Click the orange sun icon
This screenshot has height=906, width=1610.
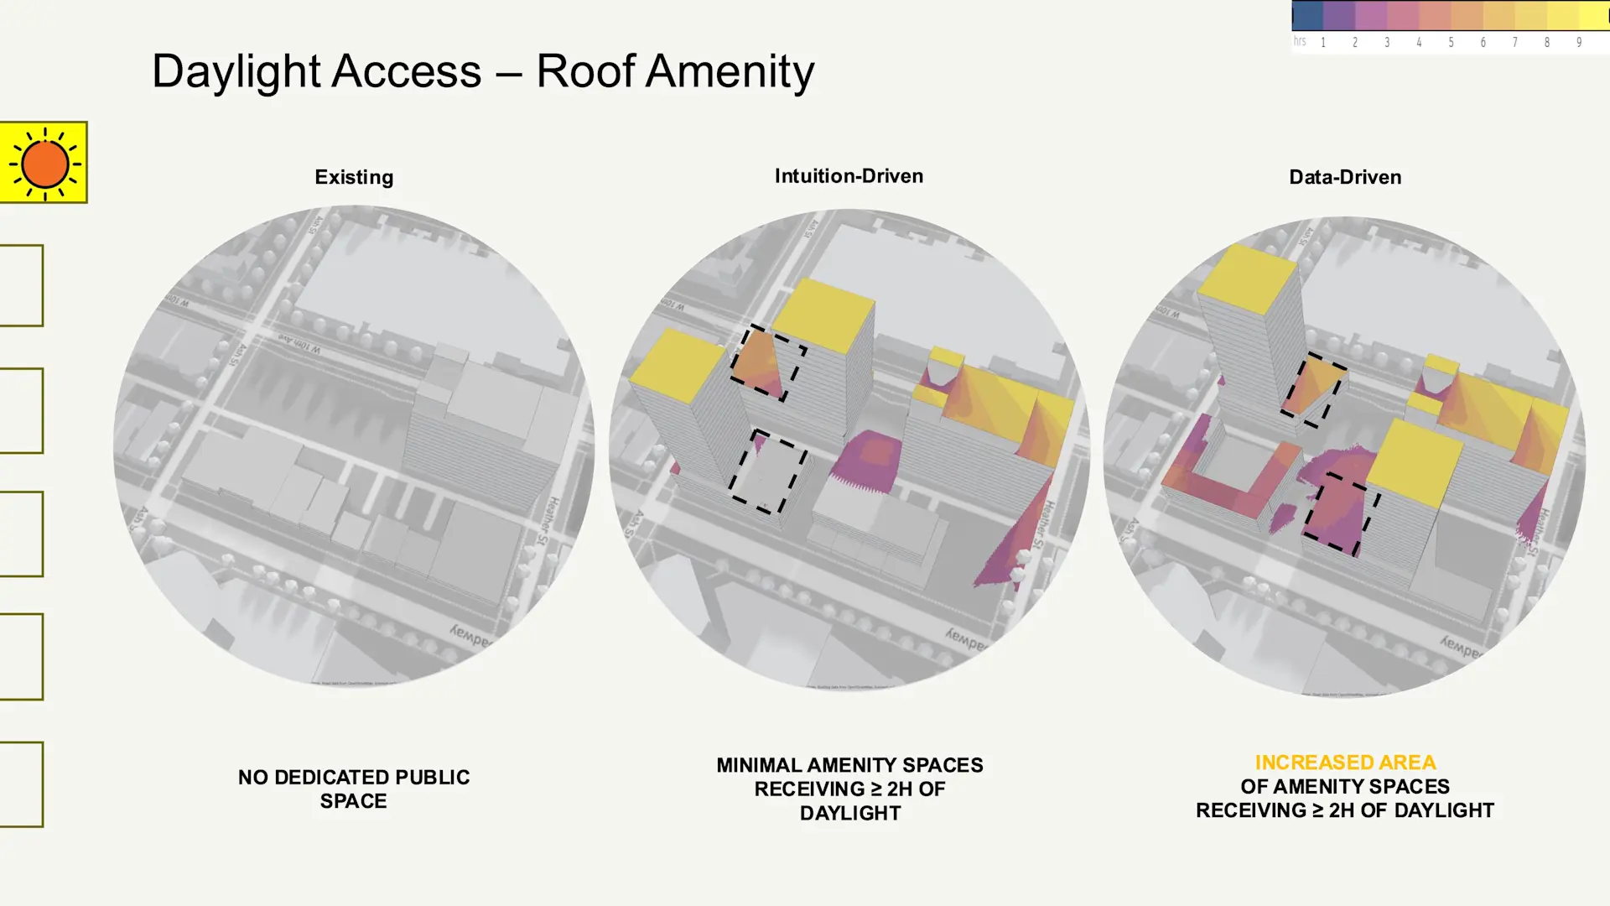[x=44, y=163]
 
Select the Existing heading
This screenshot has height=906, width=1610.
[x=354, y=177]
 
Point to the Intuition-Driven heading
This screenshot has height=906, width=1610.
[x=849, y=176]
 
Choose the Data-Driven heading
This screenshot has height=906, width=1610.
[x=1345, y=177]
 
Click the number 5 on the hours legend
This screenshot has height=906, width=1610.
[x=1451, y=43]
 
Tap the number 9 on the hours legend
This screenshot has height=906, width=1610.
[x=1579, y=43]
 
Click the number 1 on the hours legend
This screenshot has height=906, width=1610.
[x=1323, y=43]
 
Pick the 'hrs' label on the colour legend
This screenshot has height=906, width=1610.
[x=1300, y=41]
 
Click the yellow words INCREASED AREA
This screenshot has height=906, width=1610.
[x=1345, y=763]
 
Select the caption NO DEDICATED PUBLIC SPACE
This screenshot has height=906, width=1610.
[x=354, y=789]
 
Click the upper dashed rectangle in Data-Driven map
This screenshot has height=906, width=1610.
[x=1313, y=389]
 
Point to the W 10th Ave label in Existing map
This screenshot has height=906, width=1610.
[x=299, y=344]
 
